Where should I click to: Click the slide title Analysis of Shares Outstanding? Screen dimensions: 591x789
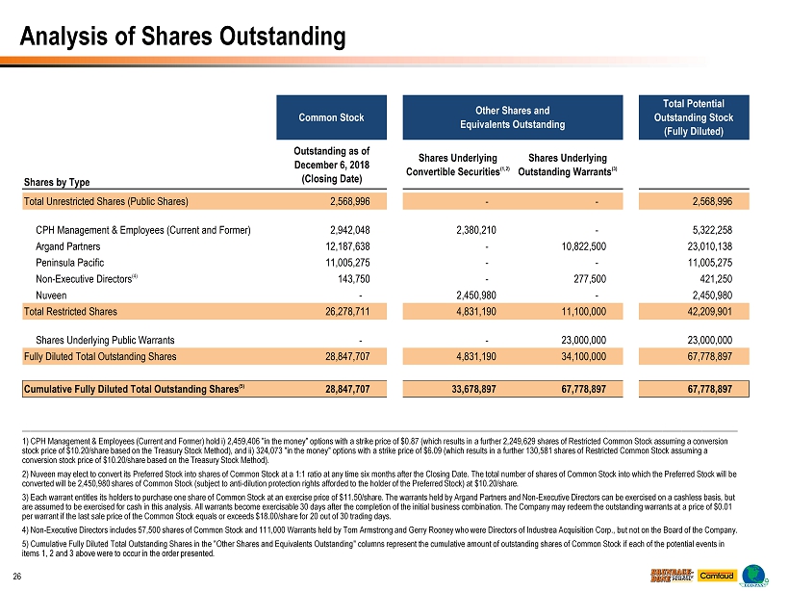(184, 38)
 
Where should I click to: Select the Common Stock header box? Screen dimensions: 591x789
(331, 117)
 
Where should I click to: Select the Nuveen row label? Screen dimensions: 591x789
(51, 295)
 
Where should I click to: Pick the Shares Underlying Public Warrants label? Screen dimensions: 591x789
(105, 340)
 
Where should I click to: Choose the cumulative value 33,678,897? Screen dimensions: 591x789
(469, 389)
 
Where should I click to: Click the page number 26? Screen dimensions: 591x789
(17, 577)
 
